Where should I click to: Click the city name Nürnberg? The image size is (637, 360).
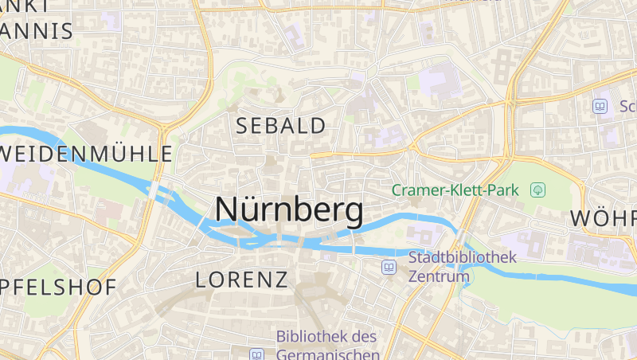pyautogui.click(x=289, y=209)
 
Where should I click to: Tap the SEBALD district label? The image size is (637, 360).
pyautogui.click(x=281, y=125)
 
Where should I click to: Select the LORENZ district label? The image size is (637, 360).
pyautogui.click(x=241, y=280)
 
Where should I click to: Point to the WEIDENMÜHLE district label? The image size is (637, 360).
pyautogui.click(x=86, y=154)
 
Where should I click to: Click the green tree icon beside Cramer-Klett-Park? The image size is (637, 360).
pyautogui.click(x=538, y=190)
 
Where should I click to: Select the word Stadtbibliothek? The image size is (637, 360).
pyautogui.click(x=463, y=257)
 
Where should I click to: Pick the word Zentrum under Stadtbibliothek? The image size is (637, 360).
pyautogui.click(x=437, y=277)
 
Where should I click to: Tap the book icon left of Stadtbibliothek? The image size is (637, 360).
pyautogui.click(x=389, y=267)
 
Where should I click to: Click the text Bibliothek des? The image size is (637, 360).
pyautogui.click(x=326, y=336)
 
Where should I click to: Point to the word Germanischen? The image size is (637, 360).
pyautogui.click(x=327, y=354)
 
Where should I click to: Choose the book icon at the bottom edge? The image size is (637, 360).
pyautogui.click(x=256, y=354)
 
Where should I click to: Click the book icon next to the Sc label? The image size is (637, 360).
pyautogui.click(x=600, y=105)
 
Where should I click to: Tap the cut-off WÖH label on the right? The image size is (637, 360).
pyautogui.click(x=604, y=219)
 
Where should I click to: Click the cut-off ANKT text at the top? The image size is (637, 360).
pyautogui.click(x=24, y=5)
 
